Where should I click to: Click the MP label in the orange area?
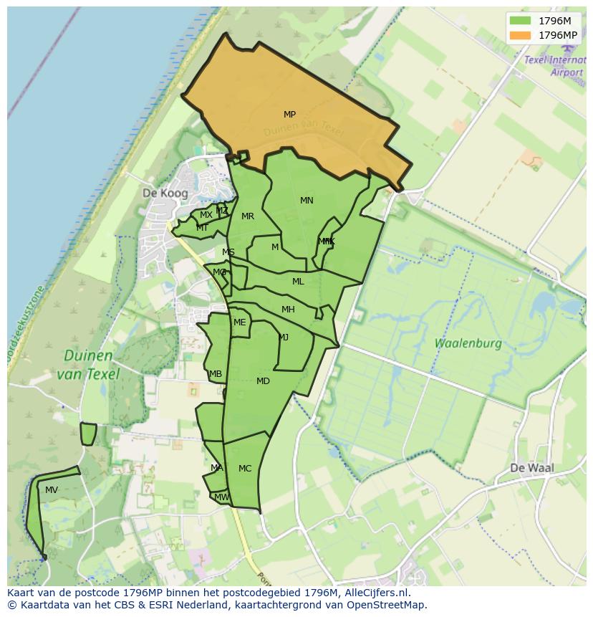(x=289, y=115)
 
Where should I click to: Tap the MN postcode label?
(x=307, y=201)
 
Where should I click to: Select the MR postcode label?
(x=248, y=216)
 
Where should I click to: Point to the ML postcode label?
(x=298, y=282)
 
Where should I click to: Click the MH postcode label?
(x=288, y=310)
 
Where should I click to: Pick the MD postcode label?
(x=263, y=381)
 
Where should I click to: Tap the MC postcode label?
(x=245, y=469)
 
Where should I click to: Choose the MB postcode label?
(x=216, y=374)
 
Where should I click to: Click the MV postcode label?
(x=52, y=490)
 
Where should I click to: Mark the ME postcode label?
(x=239, y=322)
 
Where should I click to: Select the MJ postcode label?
(x=284, y=338)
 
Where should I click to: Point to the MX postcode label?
(x=206, y=215)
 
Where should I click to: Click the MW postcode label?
(x=221, y=497)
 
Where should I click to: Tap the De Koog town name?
(x=165, y=193)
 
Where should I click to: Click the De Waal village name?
(x=532, y=468)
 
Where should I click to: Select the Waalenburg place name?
(x=468, y=343)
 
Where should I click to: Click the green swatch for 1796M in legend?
(x=520, y=21)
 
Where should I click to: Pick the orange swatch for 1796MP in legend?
(x=520, y=35)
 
